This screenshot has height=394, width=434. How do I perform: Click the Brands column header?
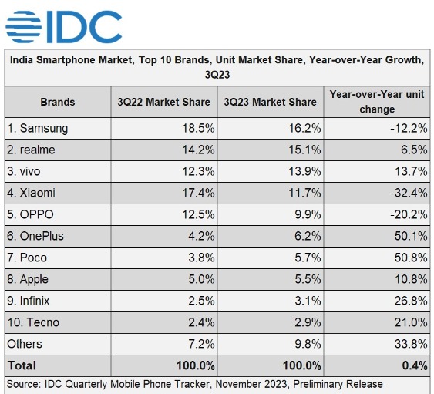point(58,102)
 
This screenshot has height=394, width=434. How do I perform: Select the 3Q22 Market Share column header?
point(163,102)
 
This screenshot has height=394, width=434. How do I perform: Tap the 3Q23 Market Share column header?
point(270,102)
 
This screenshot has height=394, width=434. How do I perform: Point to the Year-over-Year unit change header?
point(377,101)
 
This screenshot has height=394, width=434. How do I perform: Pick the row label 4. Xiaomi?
point(32,193)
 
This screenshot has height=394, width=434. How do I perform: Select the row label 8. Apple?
point(29,278)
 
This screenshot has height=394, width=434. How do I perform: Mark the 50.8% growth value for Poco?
point(410,257)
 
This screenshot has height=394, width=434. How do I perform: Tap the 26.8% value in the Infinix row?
point(410,300)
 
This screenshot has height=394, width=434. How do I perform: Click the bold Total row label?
point(22,365)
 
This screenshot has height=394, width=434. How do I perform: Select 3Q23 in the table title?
point(217,76)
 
